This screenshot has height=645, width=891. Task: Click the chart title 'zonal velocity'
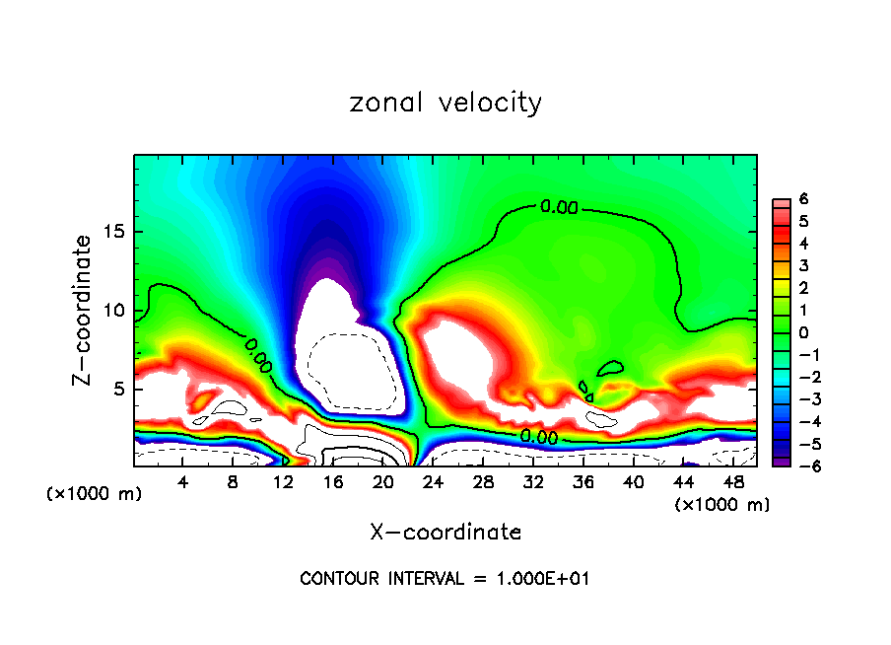tap(445, 103)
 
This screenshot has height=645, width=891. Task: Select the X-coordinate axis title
tap(445, 533)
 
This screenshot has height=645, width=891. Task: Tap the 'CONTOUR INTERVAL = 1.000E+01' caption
tap(445, 579)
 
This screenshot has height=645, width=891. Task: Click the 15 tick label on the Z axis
tap(112, 232)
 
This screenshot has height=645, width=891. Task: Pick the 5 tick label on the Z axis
tap(116, 389)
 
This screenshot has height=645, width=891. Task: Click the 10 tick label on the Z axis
tap(112, 311)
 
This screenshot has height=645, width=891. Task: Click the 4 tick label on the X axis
tap(182, 482)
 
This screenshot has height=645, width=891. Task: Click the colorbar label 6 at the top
tap(803, 199)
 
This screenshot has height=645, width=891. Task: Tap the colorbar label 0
tap(803, 332)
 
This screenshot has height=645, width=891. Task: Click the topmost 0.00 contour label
tap(559, 207)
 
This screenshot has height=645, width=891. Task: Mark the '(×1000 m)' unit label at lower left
tap(95, 494)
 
